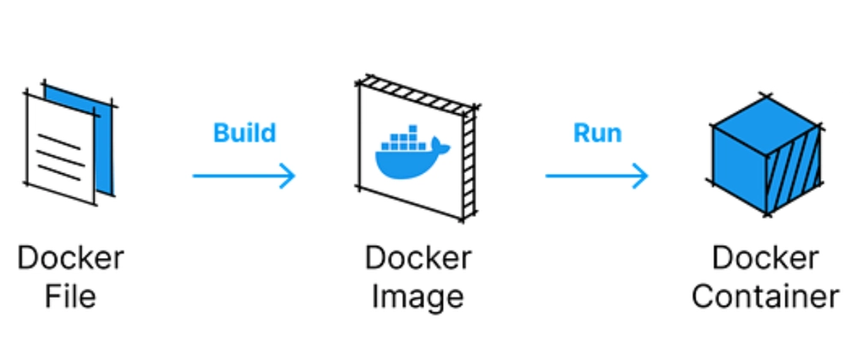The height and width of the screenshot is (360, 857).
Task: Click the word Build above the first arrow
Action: coord(244,133)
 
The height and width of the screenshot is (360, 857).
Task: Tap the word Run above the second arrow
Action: coord(597,133)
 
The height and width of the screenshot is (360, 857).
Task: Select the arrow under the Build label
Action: coord(244,176)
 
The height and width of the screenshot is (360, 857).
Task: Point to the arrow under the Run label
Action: coord(597,176)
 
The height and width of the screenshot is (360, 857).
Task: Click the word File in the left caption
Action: coord(70,297)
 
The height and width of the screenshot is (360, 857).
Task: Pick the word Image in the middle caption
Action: coord(417,297)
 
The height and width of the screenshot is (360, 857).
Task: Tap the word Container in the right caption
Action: coord(764,297)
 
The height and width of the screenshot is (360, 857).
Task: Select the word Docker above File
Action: coord(70,257)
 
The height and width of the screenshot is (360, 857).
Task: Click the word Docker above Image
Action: coord(417,257)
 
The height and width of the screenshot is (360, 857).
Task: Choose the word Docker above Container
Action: coord(764,257)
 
